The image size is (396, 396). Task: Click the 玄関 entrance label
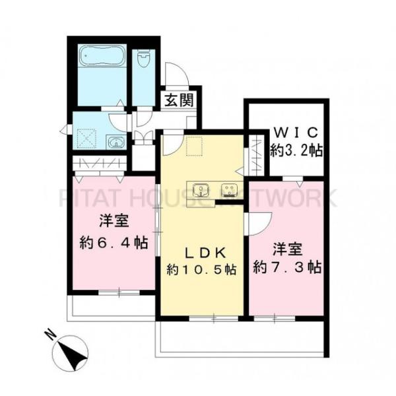[178, 101]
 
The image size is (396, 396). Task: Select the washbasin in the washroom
[114, 142]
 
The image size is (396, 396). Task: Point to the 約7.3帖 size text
[287, 267]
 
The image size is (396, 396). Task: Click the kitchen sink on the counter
[201, 191]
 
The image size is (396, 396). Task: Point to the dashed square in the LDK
[194, 147]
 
